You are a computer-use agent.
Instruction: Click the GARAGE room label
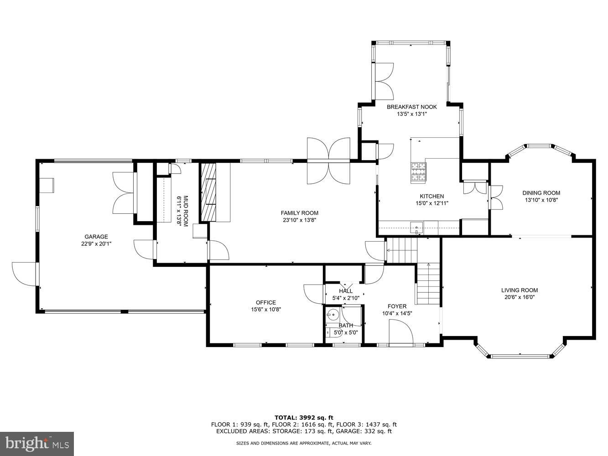(96, 237)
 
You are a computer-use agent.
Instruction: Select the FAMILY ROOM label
(299, 213)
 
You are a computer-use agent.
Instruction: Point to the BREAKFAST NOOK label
(411, 107)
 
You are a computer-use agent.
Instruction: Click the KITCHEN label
(431, 197)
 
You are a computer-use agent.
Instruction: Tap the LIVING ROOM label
(519, 290)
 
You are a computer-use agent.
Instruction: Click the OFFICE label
(265, 302)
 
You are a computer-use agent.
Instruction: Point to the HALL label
(346, 291)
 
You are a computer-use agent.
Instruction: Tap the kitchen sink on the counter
(416, 227)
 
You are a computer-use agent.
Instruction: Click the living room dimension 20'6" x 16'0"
(519, 297)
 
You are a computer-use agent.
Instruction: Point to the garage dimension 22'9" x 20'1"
(96, 244)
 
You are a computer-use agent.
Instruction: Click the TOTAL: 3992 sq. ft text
(304, 417)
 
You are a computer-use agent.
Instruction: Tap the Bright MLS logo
(37, 443)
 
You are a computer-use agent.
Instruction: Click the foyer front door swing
(400, 331)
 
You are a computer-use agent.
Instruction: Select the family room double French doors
(328, 160)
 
